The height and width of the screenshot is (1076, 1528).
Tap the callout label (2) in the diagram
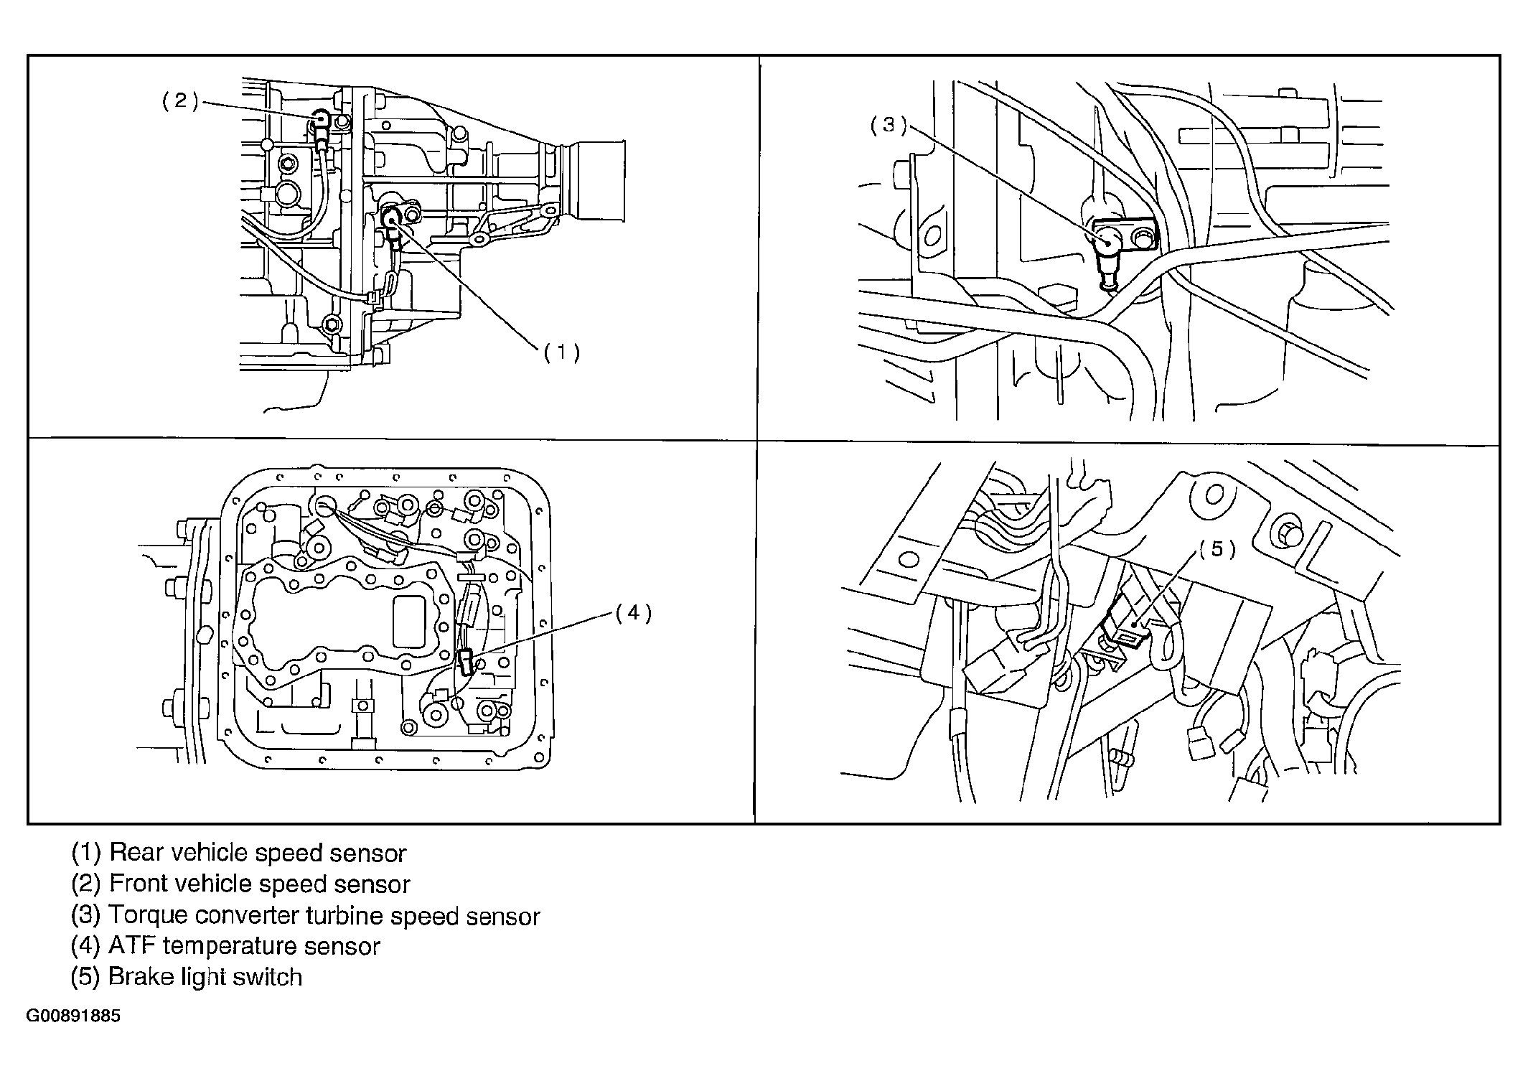(x=179, y=100)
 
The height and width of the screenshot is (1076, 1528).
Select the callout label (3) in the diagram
(x=889, y=125)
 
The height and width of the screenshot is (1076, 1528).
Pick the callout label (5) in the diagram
(x=1217, y=548)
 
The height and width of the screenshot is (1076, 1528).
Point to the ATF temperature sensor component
(x=466, y=661)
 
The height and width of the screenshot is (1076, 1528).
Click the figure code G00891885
(x=73, y=1016)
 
